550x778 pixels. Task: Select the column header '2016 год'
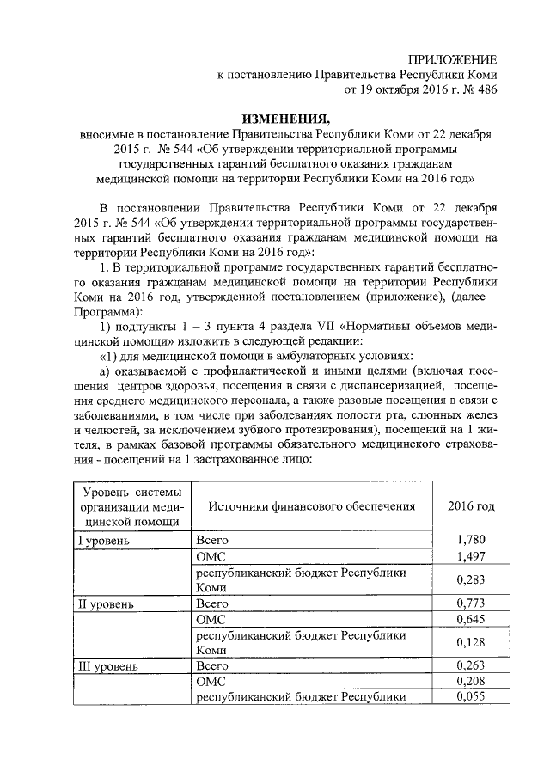[x=471, y=506]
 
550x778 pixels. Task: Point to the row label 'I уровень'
[x=104, y=541]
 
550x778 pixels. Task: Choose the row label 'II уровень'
[x=107, y=603]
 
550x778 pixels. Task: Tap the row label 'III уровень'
[x=109, y=666]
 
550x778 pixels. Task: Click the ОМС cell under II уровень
[x=210, y=619]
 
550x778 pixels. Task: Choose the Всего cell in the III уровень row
[x=212, y=666]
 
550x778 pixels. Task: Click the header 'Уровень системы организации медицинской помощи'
[x=131, y=506]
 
